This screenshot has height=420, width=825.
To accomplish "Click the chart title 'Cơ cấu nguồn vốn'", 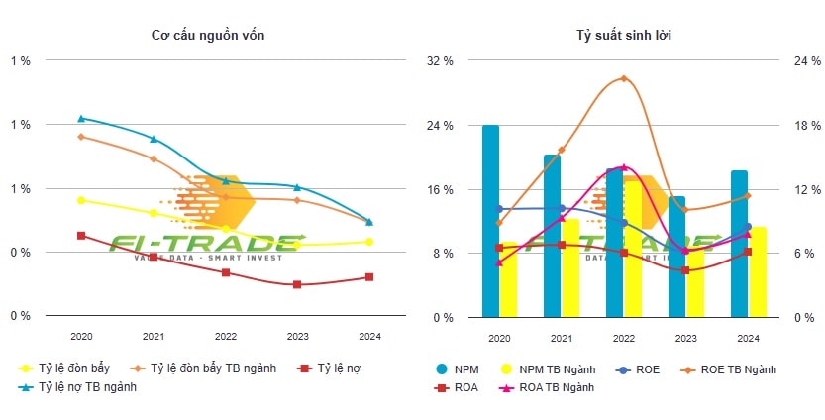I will pyautogui.click(x=207, y=36).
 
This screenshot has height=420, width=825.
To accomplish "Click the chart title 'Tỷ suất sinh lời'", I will pyautogui.click(x=619, y=36).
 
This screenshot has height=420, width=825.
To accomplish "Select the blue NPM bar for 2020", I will pyautogui.click(x=490, y=220).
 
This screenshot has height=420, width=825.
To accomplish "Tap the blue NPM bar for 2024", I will pyautogui.click(x=739, y=243).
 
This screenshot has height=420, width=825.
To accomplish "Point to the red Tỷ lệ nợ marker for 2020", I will pyautogui.click(x=81, y=236).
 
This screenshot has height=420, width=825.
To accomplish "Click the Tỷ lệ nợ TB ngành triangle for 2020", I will pyautogui.click(x=81, y=118).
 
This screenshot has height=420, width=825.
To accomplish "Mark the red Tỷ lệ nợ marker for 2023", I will pyautogui.click(x=297, y=284).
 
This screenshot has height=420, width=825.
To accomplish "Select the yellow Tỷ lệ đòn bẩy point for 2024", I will pyautogui.click(x=369, y=242).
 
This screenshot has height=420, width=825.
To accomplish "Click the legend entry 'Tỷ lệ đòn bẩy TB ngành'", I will pyautogui.click(x=213, y=368).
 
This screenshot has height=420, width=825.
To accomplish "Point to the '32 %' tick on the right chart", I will pyautogui.click(x=440, y=61).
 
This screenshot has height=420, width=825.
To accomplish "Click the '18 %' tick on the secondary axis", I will pyautogui.click(x=808, y=126).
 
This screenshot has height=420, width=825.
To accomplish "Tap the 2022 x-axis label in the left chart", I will pyautogui.click(x=226, y=337).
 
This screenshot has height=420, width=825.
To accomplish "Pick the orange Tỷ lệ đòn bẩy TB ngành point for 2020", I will pyautogui.click(x=81, y=136).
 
